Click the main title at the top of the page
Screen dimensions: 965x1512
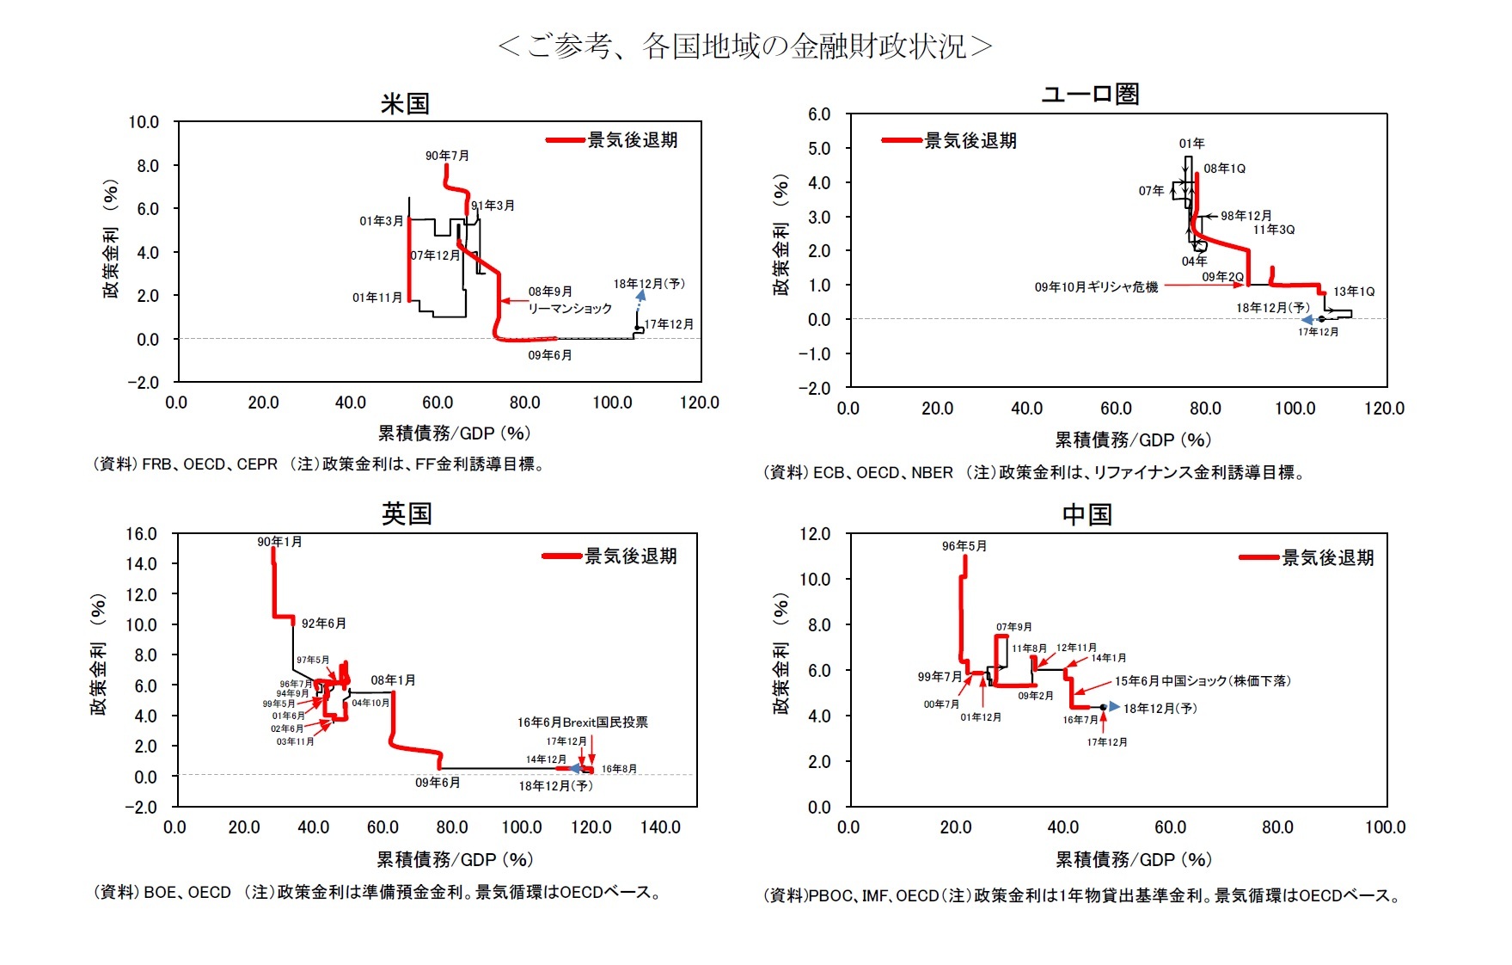click(x=744, y=46)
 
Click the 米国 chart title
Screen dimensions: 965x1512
click(x=405, y=104)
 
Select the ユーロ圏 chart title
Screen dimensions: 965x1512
click(x=1090, y=94)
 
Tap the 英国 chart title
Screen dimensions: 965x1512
click(x=406, y=513)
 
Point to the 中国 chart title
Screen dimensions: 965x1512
click(x=1087, y=514)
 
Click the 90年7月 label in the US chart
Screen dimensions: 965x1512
click(x=447, y=156)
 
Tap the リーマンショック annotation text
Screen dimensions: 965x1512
click(x=569, y=308)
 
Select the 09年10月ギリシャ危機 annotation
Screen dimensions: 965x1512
click(x=1096, y=286)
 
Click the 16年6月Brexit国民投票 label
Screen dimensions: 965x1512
click(x=582, y=722)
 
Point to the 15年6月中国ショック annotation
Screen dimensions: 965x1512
click(x=1203, y=680)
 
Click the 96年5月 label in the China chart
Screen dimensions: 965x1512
click(x=964, y=546)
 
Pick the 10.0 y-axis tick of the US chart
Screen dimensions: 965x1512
click(x=144, y=122)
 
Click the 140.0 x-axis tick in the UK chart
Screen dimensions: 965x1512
click(x=660, y=827)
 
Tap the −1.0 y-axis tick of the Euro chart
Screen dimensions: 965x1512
click(x=814, y=353)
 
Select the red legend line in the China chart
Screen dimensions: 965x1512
click(x=1258, y=558)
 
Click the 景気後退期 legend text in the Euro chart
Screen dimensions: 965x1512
click(x=970, y=140)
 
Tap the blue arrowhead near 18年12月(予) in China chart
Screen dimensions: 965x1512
click(x=1113, y=706)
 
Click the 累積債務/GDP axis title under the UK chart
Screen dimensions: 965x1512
click(x=454, y=859)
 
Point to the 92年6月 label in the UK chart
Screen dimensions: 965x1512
click(x=323, y=623)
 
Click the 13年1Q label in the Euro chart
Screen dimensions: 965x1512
click(x=1353, y=292)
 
